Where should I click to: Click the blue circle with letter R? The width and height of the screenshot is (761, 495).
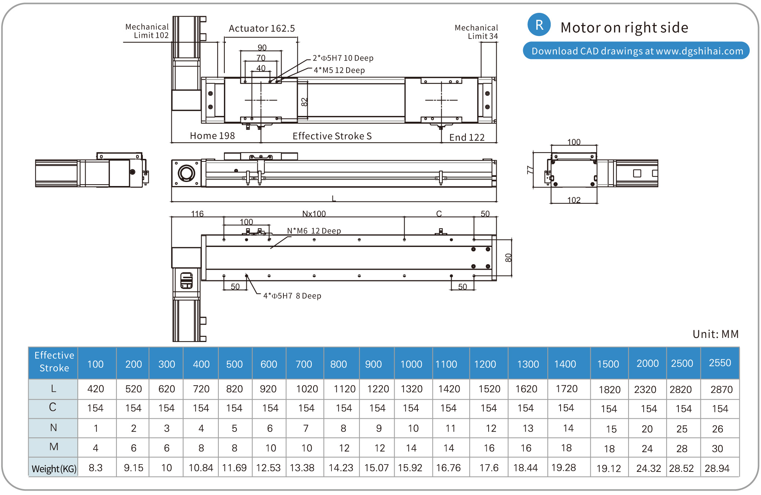coord(539,25)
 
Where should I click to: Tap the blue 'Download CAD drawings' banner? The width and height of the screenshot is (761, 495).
coord(636,51)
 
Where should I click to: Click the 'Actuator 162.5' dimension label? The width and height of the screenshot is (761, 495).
coord(261,28)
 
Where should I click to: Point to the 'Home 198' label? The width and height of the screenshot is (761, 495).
coord(212,136)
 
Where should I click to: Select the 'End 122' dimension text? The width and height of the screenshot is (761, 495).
coord(467,137)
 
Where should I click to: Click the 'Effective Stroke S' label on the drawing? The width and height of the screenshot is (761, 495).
coord(332,136)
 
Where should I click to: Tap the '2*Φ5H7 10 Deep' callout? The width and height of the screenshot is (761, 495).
coord(343,58)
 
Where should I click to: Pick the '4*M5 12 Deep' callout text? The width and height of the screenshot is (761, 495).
coord(339,70)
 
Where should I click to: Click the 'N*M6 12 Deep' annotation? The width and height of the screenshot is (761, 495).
coord(314,231)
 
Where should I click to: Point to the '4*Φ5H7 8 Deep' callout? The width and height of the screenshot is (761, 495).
coord(292,296)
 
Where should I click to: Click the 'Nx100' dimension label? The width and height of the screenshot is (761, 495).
coord(314,214)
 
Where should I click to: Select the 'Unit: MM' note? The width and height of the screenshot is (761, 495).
coord(715,334)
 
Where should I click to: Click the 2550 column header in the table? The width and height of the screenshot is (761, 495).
coord(720,363)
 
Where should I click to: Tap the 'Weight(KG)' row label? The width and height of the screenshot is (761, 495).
coord(54,469)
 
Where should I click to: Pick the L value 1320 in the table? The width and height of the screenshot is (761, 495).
coord(412,389)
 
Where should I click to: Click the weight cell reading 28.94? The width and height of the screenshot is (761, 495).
coord(717,468)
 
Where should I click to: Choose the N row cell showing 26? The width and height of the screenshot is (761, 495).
coord(717,429)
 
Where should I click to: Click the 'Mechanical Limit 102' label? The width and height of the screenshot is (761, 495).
coord(147,31)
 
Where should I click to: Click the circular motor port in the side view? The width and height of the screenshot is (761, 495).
coord(186,173)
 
